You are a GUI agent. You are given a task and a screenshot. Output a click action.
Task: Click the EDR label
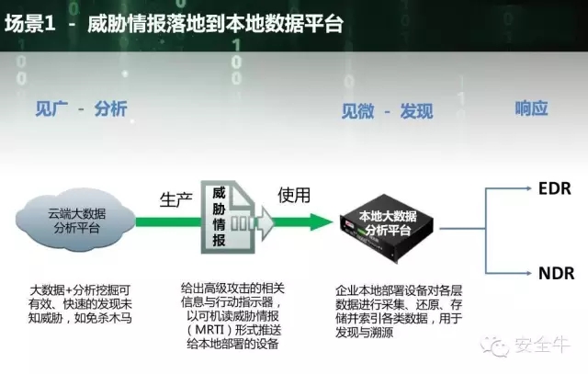coord(554,188)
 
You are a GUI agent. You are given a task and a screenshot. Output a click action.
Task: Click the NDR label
coord(556,273)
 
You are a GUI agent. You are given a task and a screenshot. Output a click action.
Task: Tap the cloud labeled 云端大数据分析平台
coord(75,221)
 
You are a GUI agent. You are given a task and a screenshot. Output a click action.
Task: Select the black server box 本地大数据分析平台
coord(387,227)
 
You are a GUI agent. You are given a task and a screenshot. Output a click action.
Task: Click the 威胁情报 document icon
coord(229,217)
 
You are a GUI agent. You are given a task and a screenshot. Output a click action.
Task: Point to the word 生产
coord(175,199)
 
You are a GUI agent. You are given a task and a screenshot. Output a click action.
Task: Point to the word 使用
coord(294,195)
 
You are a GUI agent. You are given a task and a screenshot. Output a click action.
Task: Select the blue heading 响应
coord(531,108)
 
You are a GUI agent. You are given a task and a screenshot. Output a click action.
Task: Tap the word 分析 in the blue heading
coord(110,108)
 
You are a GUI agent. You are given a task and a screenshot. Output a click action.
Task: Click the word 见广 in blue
coord(51,108)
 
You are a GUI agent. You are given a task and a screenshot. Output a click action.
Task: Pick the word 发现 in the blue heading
coord(416,111)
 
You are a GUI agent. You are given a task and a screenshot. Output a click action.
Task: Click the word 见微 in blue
coord(357,111)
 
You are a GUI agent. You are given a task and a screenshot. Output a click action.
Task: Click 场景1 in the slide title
coord(30,23)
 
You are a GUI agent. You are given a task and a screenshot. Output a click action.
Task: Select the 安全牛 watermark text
coord(542,345)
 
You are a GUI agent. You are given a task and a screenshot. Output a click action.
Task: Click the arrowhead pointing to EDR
coord(528,188)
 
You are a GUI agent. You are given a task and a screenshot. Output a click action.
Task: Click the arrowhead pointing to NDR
coord(528,273)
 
